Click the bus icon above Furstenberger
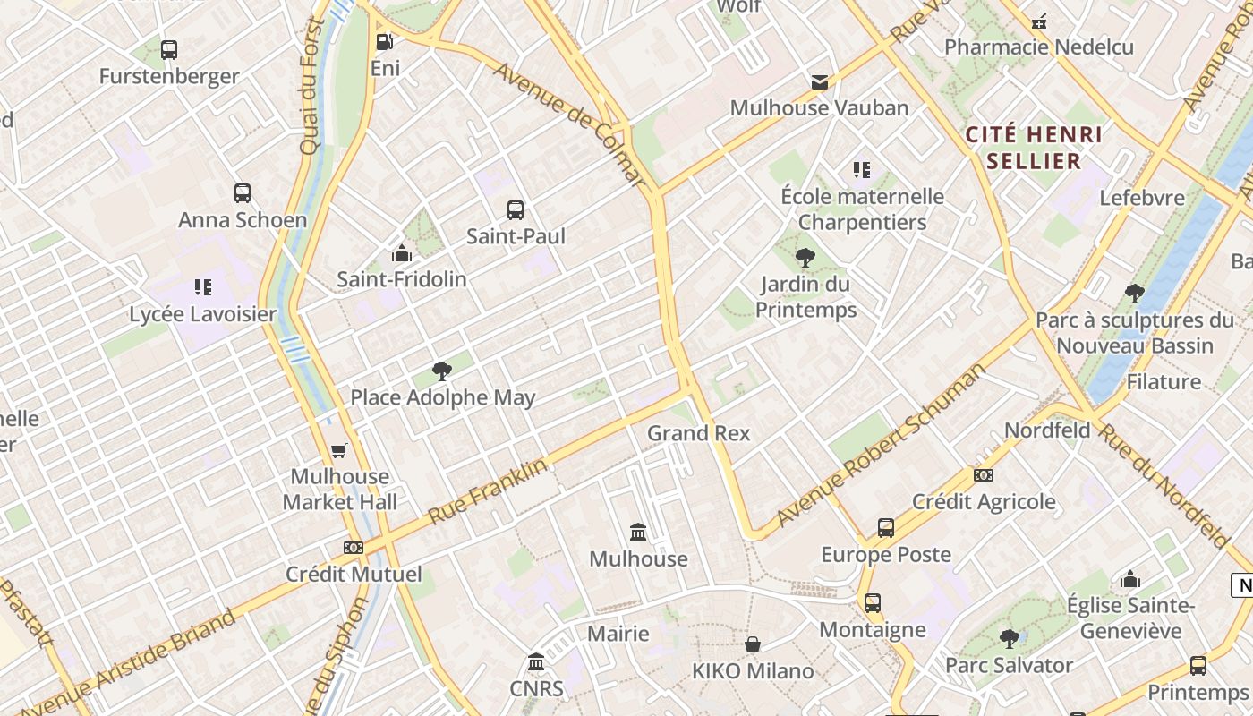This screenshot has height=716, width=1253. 169,50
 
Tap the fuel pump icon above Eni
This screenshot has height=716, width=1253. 384,41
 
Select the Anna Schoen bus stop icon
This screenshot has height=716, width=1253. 243,192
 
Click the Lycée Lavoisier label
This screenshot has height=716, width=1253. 203,314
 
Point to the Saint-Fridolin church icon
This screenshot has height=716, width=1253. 402,253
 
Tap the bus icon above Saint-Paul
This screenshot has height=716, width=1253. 516,210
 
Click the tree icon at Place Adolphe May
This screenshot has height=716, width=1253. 441,371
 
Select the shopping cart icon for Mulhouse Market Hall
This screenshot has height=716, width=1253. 339,450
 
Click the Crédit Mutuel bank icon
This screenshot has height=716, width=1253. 354,547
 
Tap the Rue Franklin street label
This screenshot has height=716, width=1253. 488,492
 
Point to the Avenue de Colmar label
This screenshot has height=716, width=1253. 569,124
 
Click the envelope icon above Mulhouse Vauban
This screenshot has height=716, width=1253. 819,82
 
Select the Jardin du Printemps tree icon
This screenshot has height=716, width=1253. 805,258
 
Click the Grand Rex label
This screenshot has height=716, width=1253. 699,433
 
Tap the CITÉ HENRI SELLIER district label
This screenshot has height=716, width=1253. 1034,148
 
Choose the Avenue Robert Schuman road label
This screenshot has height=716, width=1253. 881,445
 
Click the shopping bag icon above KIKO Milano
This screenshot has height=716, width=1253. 753,644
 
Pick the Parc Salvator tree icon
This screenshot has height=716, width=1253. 1009,639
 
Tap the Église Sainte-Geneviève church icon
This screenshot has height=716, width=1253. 1130,579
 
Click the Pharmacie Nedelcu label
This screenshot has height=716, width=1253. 1039,47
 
